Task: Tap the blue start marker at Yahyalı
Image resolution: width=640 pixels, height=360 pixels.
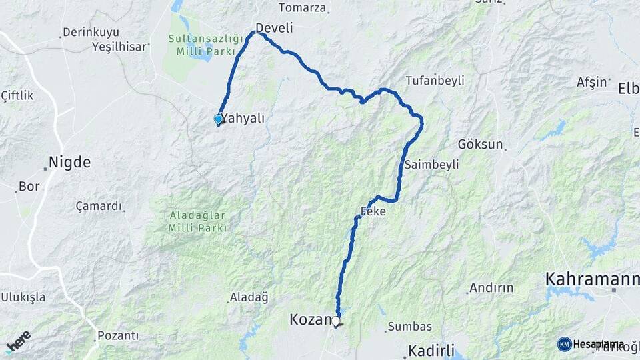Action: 218,119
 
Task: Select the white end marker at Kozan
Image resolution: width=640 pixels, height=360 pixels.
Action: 336,322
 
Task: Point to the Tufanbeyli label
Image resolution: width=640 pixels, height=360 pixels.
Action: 435,80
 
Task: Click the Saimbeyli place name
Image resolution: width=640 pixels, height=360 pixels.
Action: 431,165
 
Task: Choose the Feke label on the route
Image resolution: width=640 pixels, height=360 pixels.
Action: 373,211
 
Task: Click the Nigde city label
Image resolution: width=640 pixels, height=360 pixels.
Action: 69,162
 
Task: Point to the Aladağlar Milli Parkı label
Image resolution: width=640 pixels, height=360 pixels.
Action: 197,222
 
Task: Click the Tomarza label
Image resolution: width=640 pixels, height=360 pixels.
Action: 302,8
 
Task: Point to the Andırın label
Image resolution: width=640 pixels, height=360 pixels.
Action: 491,288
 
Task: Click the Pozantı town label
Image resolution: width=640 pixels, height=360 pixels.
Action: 118,335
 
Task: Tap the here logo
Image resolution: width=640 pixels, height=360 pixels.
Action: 18,342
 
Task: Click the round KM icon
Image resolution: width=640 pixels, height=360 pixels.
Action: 564,344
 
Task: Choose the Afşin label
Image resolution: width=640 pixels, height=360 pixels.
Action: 592,83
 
